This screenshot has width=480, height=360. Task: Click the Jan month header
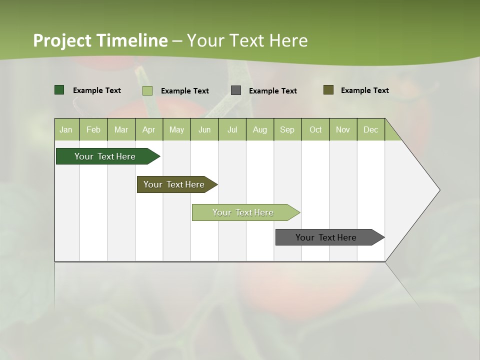(x=66, y=130)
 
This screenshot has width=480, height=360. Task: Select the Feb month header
(x=93, y=130)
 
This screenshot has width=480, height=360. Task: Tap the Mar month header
(x=121, y=130)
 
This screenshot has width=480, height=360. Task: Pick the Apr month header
(x=148, y=130)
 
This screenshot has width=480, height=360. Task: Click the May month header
(x=176, y=130)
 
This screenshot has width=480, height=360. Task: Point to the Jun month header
(x=204, y=130)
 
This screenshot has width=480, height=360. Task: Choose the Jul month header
(x=232, y=130)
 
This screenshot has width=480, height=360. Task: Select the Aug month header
(x=259, y=130)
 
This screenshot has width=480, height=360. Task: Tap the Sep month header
(x=287, y=130)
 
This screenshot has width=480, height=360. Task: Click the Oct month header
(x=315, y=130)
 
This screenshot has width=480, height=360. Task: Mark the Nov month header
(x=343, y=130)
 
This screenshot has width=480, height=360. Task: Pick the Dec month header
(x=370, y=130)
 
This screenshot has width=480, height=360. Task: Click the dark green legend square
(x=59, y=90)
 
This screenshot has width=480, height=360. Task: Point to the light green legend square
(x=147, y=90)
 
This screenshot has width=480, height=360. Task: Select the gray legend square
(x=236, y=90)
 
